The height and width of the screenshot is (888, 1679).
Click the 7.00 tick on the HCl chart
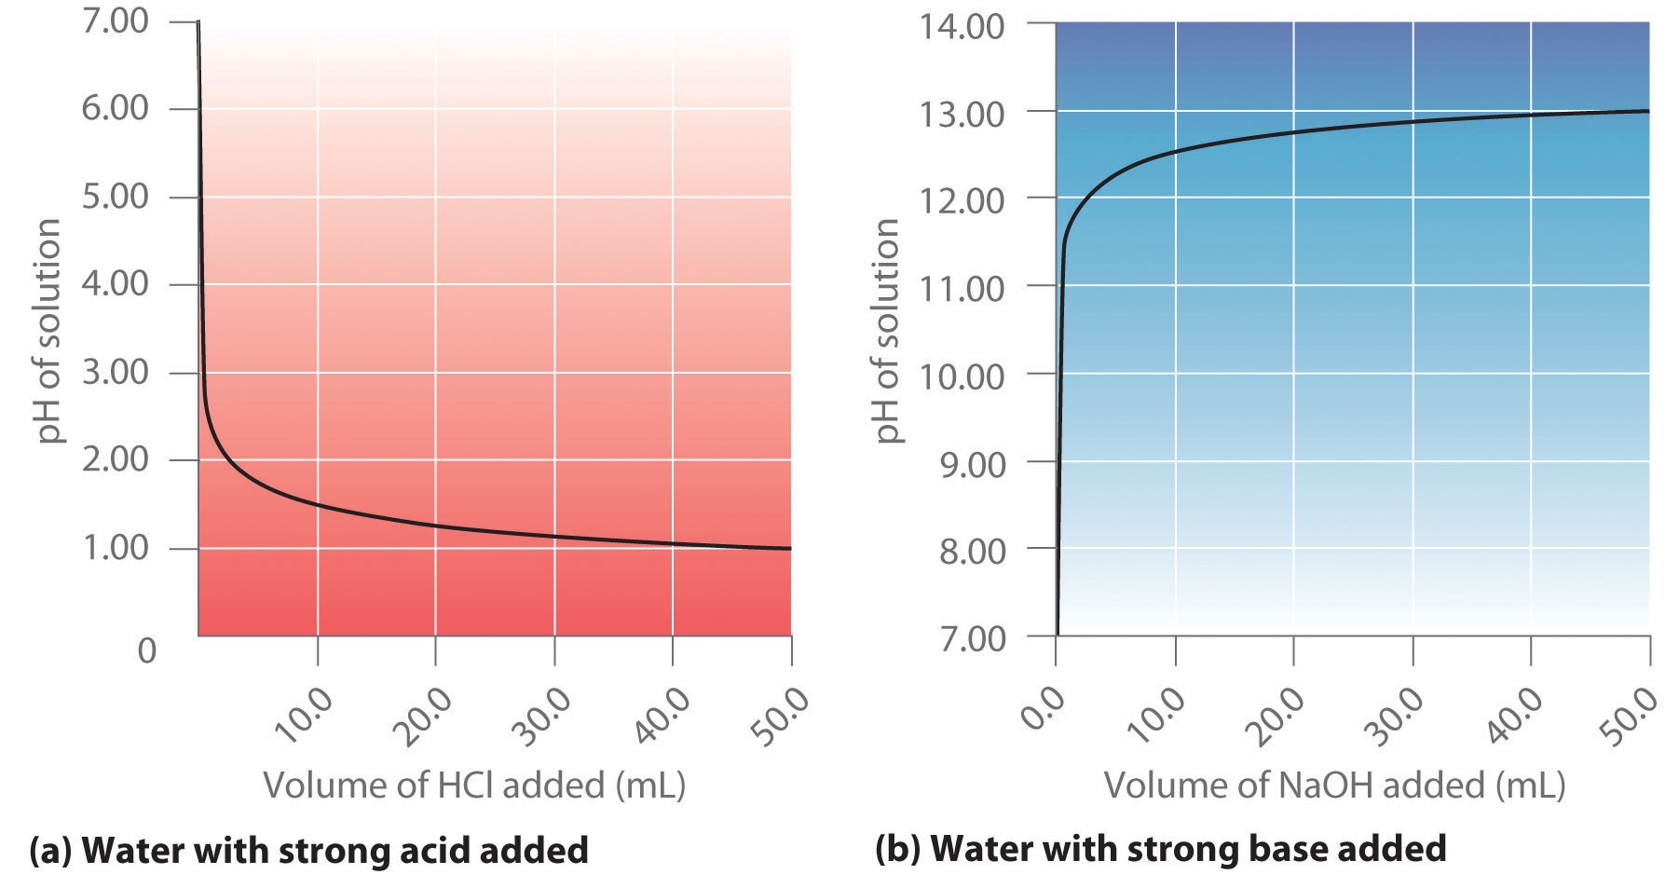coord(114,20)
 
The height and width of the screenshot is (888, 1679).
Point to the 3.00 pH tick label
coord(114,372)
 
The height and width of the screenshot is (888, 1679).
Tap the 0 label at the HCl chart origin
coord(146,649)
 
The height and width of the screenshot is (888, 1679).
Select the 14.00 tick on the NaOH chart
coord(962,25)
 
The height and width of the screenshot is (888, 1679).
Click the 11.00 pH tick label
coord(962,288)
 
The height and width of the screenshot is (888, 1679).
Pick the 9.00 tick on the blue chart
coord(962,463)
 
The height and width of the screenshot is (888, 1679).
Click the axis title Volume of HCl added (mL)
coord(474,786)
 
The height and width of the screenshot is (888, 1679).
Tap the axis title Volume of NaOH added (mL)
coord(1334,786)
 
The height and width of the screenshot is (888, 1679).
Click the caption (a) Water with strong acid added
coord(309,850)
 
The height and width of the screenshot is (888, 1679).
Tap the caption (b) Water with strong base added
coord(1160,848)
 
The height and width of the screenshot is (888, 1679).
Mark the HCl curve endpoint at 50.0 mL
coord(790,548)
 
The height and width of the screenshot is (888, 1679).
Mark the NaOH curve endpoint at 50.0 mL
coord(1648,111)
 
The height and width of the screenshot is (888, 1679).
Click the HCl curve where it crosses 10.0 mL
coord(318,505)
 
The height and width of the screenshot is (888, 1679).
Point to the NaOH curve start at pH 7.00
coord(1057,634)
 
